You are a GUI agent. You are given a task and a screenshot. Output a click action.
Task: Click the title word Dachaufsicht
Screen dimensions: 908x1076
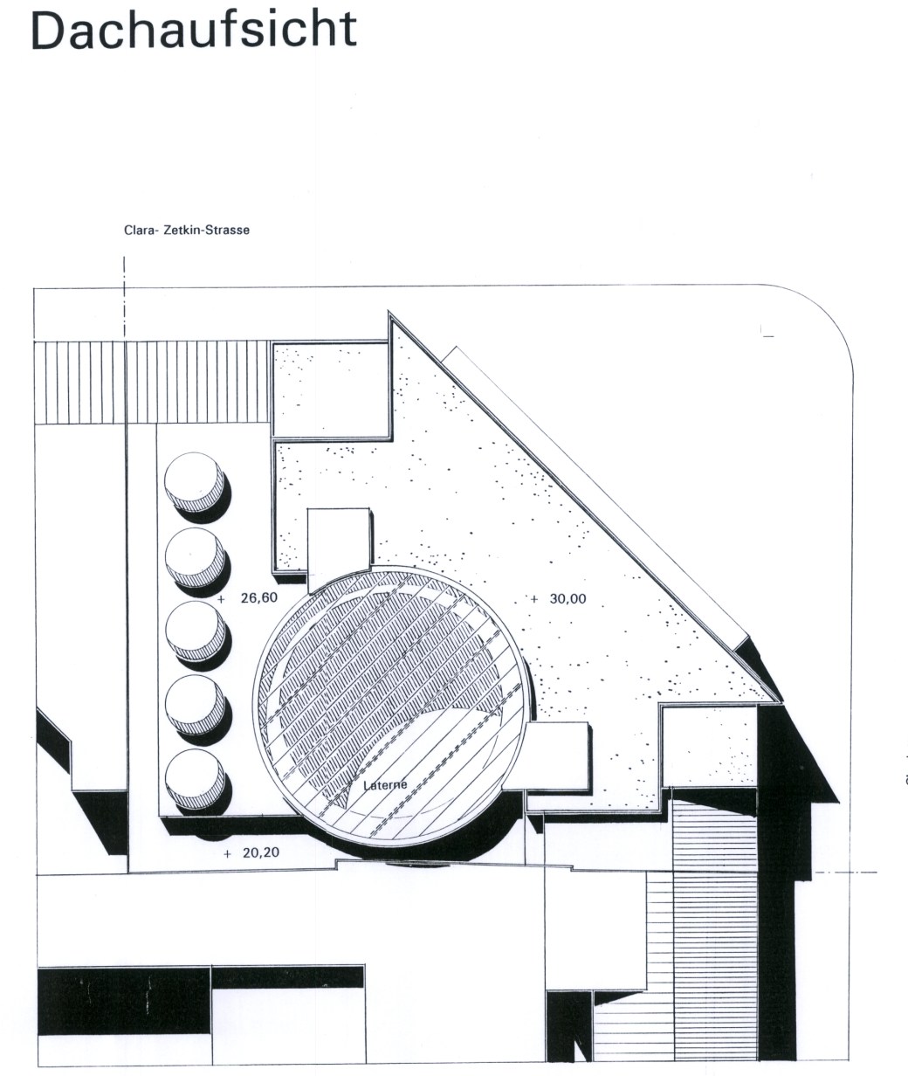(x=194, y=30)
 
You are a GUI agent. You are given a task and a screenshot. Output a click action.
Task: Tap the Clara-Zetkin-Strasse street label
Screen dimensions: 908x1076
(x=187, y=230)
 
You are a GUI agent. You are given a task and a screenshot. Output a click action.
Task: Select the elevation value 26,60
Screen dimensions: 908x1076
(x=259, y=597)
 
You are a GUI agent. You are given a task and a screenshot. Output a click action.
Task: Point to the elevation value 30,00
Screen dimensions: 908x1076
(x=567, y=599)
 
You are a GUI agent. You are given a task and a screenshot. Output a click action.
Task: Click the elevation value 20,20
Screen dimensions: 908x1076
(x=261, y=853)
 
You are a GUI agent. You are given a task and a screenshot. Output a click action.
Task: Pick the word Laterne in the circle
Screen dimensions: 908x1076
(x=385, y=785)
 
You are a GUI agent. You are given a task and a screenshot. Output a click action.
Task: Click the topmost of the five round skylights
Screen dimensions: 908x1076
(x=195, y=482)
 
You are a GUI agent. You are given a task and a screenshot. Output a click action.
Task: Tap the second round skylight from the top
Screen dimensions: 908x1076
(x=195, y=557)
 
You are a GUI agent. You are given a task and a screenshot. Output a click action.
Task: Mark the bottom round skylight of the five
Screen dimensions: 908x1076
(x=195, y=779)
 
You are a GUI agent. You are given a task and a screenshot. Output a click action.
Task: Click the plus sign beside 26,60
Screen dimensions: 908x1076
(x=222, y=599)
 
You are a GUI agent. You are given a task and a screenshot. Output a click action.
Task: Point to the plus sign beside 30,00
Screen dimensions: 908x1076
(x=533, y=599)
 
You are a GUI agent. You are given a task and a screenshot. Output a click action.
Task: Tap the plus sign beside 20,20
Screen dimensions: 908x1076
(x=227, y=854)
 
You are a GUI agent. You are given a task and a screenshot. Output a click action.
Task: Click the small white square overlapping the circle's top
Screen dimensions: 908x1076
(x=339, y=550)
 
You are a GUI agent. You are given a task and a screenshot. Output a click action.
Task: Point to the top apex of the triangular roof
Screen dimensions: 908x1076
(x=389, y=312)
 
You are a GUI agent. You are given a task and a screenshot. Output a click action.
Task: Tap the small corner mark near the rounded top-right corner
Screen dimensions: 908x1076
(x=767, y=332)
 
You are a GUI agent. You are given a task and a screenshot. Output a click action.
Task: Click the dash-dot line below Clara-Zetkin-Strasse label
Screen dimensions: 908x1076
(x=124, y=298)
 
